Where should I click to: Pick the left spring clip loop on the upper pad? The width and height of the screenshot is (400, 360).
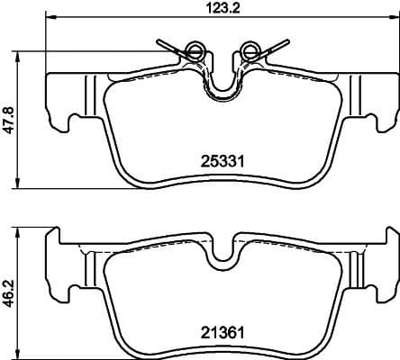pos(192,49)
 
